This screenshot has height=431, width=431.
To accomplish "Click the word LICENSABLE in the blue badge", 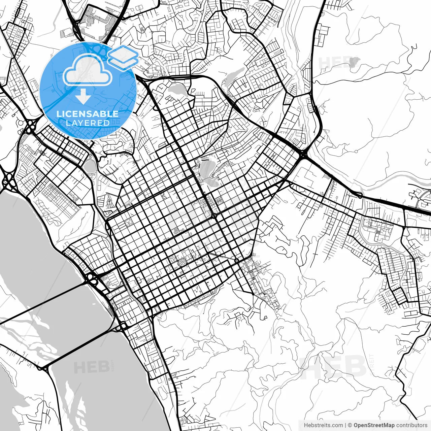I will click(x=88, y=114).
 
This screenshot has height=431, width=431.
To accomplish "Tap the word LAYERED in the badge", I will click(x=88, y=123).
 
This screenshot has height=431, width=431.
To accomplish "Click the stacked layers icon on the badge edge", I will click(x=123, y=57).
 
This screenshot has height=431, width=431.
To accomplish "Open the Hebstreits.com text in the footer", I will click(x=323, y=425).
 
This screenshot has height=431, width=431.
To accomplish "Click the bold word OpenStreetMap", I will click(x=374, y=425).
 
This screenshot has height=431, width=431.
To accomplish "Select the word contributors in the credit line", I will click(x=411, y=425).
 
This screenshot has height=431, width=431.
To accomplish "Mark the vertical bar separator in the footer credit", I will click(x=346, y=425).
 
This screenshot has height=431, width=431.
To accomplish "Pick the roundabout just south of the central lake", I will click(x=214, y=215).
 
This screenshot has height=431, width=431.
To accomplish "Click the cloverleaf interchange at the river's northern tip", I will click(x=8, y=180).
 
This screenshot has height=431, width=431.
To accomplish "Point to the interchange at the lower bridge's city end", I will click(x=122, y=326).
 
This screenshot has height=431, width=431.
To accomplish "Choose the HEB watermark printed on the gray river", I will click(x=87, y=367).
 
